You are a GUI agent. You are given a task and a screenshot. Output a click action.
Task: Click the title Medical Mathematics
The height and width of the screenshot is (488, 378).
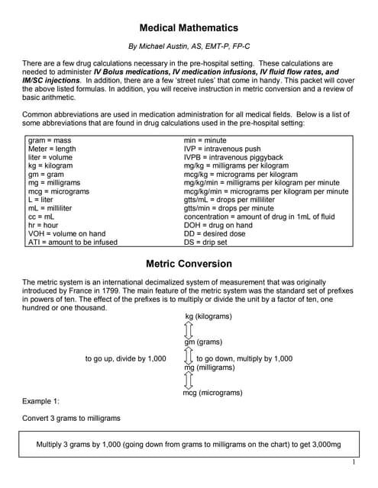pyautogui.click(x=189, y=28)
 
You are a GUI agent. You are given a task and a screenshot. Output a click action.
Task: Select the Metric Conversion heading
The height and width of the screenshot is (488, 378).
pyautogui.click(x=189, y=264)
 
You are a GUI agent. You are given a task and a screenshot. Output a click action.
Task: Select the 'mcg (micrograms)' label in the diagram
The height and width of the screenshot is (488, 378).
pyautogui.click(x=212, y=393)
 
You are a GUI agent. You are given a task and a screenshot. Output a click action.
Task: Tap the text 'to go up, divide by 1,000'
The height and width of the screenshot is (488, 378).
pyautogui.click(x=125, y=358)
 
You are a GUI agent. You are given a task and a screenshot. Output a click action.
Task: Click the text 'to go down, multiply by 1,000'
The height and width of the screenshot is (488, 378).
pyautogui.click(x=244, y=358)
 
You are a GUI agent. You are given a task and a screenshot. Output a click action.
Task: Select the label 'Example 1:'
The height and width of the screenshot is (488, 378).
pyautogui.click(x=41, y=400)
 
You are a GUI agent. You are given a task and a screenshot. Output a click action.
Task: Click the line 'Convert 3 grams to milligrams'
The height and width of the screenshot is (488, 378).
pyautogui.click(x=72, y=418)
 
